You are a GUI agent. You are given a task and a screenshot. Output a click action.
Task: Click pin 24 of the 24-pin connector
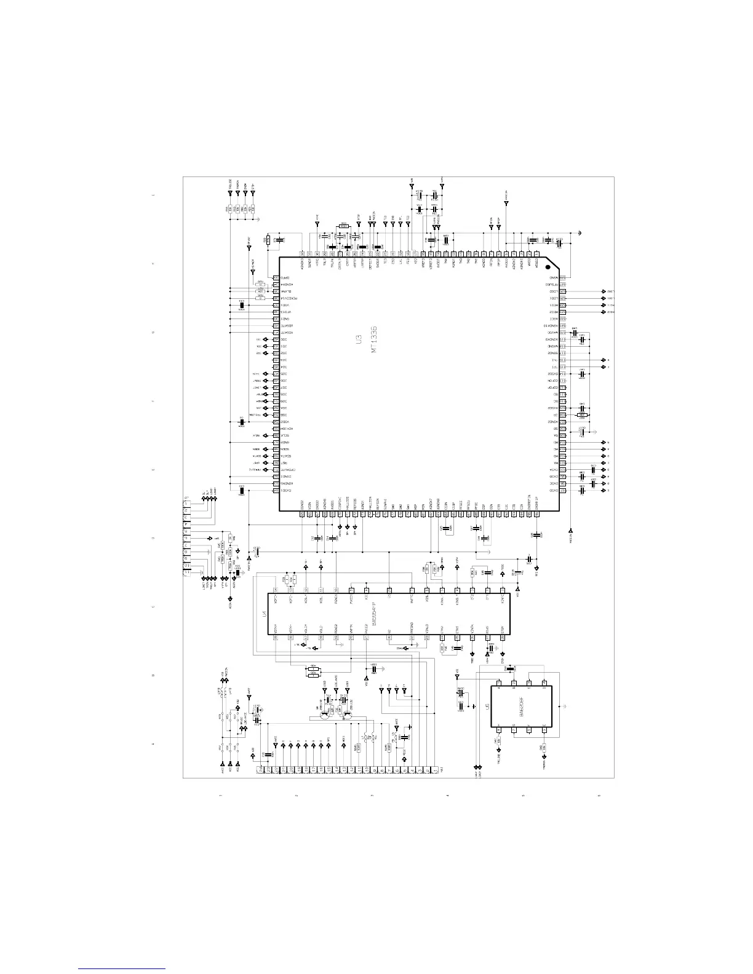(261, 769)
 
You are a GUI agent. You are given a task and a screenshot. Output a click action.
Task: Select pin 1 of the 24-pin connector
(434, 769)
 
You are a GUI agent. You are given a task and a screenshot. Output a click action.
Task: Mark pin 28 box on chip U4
(276, 590)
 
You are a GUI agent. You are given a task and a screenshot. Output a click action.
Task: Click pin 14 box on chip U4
(503, 590)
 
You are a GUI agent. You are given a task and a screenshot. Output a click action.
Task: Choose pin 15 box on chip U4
(503, 637)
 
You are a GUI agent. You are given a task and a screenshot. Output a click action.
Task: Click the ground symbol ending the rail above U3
(580, 233)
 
